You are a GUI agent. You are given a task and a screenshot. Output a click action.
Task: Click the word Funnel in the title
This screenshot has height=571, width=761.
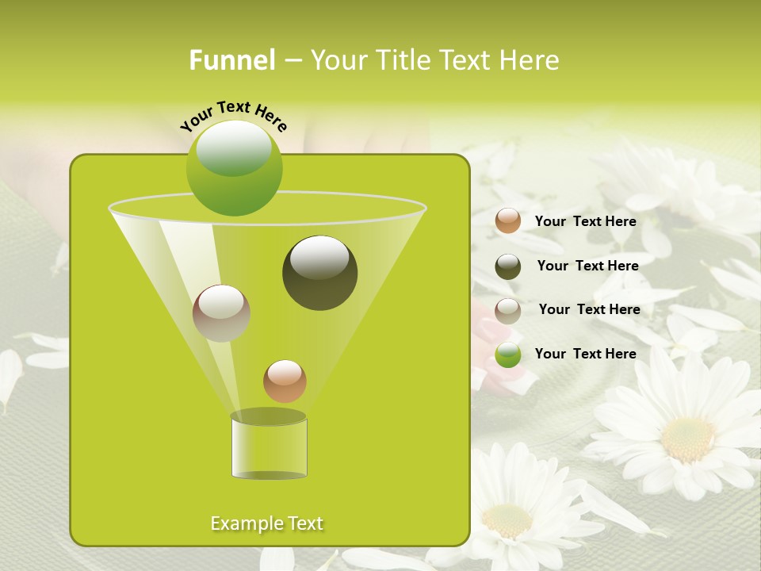tap(231, 60)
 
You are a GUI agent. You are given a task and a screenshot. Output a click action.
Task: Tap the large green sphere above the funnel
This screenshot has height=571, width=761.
tap(234, 167)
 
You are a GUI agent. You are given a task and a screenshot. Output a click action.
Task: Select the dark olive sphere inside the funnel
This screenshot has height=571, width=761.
tap(319, 273)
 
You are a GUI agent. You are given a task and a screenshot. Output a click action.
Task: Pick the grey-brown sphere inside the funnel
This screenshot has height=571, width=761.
tap(221, 313)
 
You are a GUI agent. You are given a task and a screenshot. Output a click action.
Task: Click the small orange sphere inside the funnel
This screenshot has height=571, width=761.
tap(285, 381)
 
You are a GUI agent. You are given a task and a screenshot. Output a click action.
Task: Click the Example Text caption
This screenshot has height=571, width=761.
tap(266, 523)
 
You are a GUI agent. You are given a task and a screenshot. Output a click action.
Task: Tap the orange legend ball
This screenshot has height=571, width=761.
tap(508, 221)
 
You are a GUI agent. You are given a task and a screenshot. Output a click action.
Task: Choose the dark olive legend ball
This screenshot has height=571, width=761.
tap(508, 266)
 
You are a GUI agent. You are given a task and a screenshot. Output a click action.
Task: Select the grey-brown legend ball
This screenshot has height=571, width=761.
tap(508, 311)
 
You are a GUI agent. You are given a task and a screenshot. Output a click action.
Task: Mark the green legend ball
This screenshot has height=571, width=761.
tap(508, 354)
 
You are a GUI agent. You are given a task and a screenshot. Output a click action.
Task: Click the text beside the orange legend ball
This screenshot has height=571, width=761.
tap(585, 222)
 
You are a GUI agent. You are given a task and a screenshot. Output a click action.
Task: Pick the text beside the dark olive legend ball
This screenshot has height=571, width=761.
tap(587, 266)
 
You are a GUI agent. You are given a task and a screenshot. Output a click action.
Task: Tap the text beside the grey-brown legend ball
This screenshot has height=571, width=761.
tap(589, 310)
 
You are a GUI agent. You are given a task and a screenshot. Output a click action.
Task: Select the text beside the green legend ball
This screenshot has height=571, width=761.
tap(585, 354)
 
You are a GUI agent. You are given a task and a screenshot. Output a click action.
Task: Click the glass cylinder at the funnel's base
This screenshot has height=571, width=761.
tap(269, 447)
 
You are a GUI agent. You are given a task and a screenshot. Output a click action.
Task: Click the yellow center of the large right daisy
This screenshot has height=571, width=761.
tap(687, 439)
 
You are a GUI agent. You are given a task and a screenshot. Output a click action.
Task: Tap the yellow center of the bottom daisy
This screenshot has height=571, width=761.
tap(507, 521)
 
